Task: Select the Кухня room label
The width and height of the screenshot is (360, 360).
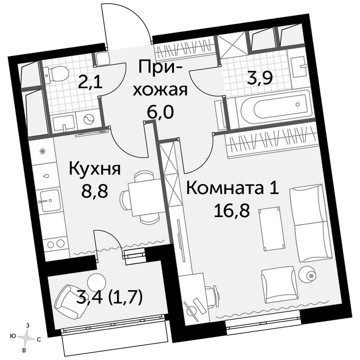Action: [95, 169]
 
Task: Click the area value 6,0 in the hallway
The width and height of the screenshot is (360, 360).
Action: [160, 112]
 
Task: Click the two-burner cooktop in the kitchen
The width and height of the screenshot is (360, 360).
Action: [56, 244]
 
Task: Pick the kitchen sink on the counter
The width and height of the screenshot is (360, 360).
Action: [50, 200]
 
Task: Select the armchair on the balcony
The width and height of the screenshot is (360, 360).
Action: [71, 300]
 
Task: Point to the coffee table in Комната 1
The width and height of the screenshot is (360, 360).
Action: [272, 228]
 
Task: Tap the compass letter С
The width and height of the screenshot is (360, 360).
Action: [39, 339]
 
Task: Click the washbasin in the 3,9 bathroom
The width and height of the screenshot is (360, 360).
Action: [298, 67]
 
